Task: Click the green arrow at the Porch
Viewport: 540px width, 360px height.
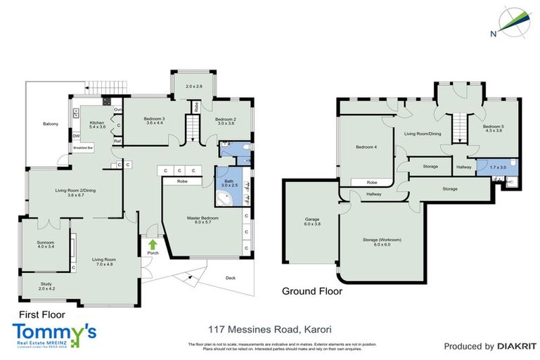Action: tap(153, 245)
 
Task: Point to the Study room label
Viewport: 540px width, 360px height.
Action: tap(46, 286)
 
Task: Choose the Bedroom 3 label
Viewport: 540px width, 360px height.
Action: tap(153, 120)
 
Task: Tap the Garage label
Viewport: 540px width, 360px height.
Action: tap(312, 221)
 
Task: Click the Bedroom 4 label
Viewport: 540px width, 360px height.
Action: tap(366, 148)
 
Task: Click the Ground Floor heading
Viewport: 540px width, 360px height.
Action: tap(311, 290)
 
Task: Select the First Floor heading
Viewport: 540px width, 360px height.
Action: tap(36, 316)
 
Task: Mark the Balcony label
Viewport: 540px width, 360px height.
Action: tap(50, 124)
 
